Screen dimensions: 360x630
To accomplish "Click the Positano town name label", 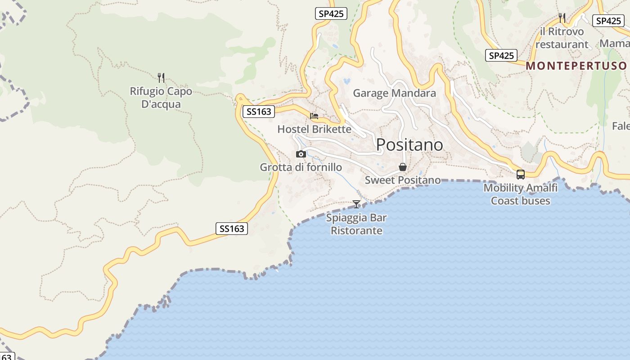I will pyautogui.click(x=409, y=144).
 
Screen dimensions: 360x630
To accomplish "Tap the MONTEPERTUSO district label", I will pyautogui.click(x=576, y=66).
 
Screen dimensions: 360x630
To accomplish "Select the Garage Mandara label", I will pyautogui.click(x=394, y=93).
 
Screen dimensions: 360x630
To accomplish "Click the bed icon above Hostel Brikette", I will pyautogui.click(x=314, y=116).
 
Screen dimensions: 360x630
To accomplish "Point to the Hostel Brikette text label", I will pyautogui.click(x=314, y=129).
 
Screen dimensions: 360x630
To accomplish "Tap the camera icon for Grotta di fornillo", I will pyautogui.click(x=301, y=154).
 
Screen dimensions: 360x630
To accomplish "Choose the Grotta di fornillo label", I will pyautogui.click(x=301, y=167).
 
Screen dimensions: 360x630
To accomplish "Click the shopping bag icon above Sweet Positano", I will pyautogui.click(x=403, y=167).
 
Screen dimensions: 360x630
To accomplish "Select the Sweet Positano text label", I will pyautogui.click(x=403, y=180).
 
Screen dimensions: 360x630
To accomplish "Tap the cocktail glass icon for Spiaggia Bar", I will pyautogui.click(x=356, y=204).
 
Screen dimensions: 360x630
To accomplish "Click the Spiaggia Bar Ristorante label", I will pyautogui.click(x=356, y=224).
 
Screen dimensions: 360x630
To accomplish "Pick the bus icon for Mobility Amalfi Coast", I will pyautogui.click(x=521, y=175).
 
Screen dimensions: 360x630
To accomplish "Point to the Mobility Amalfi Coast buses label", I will pyautogui.click(x=521, y=194).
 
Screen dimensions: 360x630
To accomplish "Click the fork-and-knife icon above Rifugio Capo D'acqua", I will pyautogui.click(x=161, y=78).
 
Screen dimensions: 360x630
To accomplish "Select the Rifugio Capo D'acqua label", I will pyautogui.click(x=161, y=98).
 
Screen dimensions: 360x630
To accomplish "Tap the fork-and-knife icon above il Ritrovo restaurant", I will pyautogui.click(x=562, y=18).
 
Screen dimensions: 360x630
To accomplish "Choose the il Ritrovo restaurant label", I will pyautogui.click(x=562, y=38).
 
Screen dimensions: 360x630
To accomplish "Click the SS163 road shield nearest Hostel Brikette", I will pyautogui.click(x=259, y=112).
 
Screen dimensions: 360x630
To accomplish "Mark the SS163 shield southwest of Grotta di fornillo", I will pyautogui.click(x=232, y=229).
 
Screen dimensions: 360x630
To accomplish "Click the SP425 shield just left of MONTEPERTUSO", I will pyautogui.click(x=501, y=56).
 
